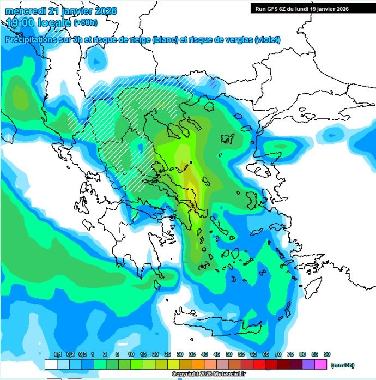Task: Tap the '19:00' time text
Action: click(x=21, y=23)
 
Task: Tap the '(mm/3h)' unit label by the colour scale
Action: click(x=342, y=364)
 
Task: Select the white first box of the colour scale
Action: click(x=51, y=364)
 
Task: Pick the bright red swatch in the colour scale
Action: click(x=259, y=364)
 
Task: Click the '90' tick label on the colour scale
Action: click(x=326, y=354)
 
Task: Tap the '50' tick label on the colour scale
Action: click(x=229, y=354)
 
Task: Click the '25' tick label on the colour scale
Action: click(x=167, y=354)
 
